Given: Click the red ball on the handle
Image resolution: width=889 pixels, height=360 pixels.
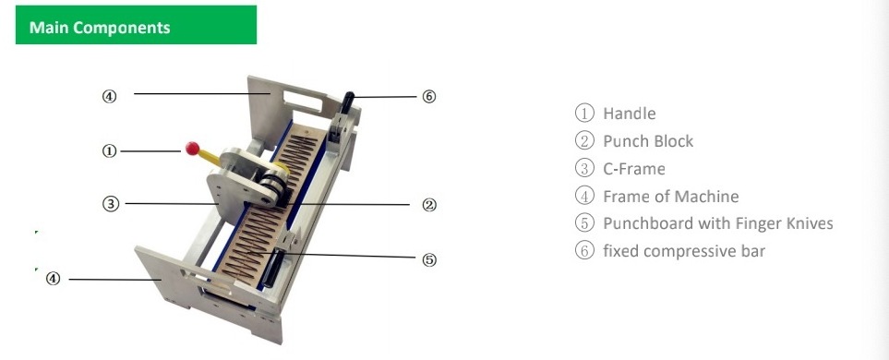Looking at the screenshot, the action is pos(192,149).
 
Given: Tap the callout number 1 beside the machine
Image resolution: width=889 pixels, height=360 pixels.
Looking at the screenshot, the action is pos(109,151).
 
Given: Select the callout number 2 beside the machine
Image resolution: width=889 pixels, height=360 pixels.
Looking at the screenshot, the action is pos(429,205).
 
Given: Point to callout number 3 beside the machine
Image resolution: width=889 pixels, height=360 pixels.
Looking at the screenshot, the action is pos(111,203).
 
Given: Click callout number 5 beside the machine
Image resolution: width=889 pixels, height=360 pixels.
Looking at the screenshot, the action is pos(429,259).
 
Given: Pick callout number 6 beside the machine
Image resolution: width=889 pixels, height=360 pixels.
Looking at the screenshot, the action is pos(429,96).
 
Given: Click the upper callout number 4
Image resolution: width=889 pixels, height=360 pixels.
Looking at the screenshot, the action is pos(109,96).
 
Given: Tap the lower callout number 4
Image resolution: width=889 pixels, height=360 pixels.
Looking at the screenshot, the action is pos(53,279).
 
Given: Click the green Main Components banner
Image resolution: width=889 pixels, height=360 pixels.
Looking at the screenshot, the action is pos(136,24).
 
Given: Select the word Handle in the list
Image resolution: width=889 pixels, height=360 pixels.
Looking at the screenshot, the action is pos(630,114).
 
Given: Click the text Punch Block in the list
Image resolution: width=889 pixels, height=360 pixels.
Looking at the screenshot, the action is pos(648,141).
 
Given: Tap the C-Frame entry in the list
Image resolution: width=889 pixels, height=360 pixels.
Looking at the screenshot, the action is pos(634,168).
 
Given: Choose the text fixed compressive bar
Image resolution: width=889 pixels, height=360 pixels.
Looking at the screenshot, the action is pos(684,250).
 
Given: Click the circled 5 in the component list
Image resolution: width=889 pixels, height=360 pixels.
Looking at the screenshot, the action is pos(584,222).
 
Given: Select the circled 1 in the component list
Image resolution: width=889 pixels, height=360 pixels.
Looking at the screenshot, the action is pos(584,113).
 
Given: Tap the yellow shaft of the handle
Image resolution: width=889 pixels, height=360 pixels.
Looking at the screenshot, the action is pos(210,158).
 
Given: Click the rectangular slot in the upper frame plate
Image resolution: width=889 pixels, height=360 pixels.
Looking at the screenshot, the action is pos(303,102).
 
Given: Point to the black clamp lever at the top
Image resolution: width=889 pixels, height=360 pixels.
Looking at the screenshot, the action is pos(347,102).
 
